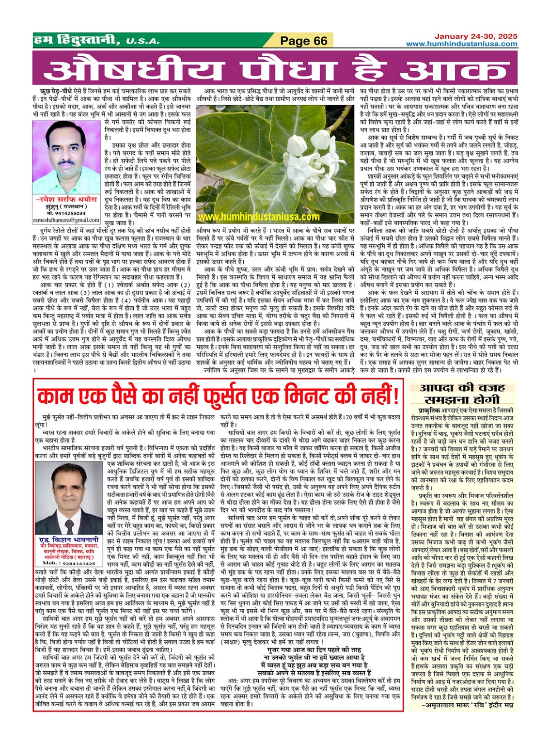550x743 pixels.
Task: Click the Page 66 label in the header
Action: pos(304,41)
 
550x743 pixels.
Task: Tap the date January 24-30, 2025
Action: pos(475,36)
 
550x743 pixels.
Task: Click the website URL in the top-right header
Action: pos(461,44)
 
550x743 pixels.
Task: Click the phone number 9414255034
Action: pos(66,213)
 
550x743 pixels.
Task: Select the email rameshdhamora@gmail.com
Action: pos(66,220)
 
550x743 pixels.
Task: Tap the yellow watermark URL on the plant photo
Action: pos(258,217)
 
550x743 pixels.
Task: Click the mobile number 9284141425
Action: pos(68,564)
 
